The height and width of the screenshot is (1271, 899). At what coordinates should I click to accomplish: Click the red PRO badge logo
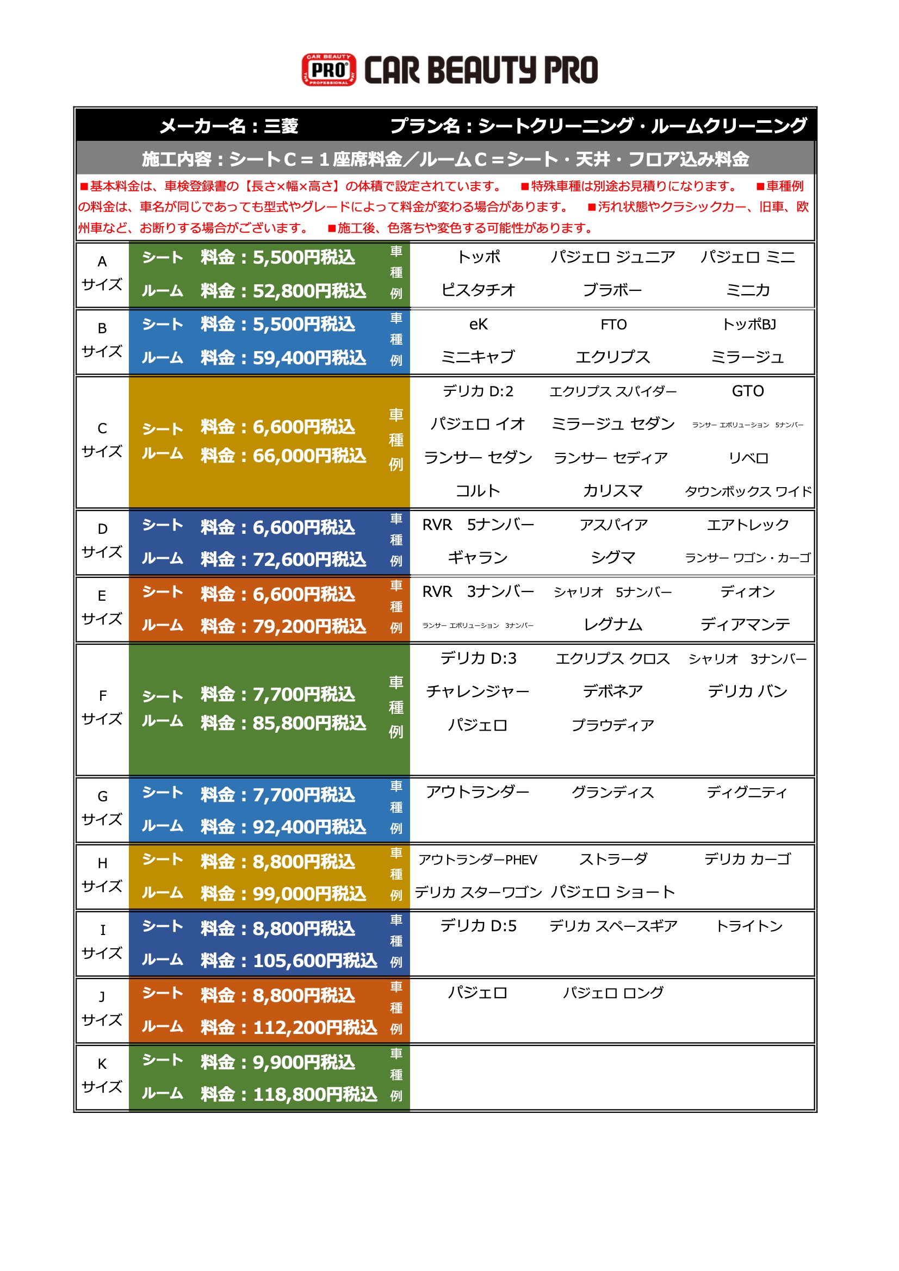tap(328, 70)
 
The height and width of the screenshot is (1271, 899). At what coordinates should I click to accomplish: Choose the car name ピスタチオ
tap(478, 290)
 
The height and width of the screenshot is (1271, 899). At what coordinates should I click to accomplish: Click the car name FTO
tap(613, 325)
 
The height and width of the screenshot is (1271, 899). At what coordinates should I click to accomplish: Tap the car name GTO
tap(747, 391)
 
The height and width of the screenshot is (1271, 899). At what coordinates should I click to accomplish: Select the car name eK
tap(478, 325)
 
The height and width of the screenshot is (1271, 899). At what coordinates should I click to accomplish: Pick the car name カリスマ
tap(612, 491)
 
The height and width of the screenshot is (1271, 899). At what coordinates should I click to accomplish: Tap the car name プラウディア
tap(612, 725)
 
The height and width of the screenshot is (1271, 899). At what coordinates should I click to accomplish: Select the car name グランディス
tap(612, 792)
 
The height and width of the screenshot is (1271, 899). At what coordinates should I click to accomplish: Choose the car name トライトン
tap(749, 926)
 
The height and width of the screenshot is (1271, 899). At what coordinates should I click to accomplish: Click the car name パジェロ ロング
tap(612, 993)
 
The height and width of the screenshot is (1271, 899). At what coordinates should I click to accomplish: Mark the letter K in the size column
tap(102, 1063)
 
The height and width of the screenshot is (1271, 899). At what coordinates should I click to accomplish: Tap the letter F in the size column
tap(102, 695)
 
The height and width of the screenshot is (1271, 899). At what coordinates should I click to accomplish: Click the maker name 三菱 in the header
tap(281, 126)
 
